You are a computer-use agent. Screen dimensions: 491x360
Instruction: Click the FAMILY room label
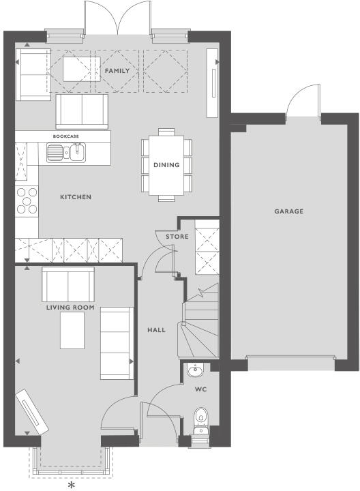[117, 71]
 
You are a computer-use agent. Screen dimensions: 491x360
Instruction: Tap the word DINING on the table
[166, 165]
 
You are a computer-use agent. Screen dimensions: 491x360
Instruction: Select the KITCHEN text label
[75, 197]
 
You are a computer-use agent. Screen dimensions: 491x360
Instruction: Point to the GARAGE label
[288, 211]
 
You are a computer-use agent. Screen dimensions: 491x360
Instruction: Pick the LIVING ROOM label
[70, 308]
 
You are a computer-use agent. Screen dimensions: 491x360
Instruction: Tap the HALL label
[157, 330]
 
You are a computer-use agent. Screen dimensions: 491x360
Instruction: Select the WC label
[200, 391]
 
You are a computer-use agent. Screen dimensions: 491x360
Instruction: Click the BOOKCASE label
[66, 136]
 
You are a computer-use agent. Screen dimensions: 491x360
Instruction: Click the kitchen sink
[65, 153]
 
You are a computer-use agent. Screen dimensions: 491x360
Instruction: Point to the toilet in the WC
[201, 417]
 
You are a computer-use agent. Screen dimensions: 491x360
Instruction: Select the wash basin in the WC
[195, 372]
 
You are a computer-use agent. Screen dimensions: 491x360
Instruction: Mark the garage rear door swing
[302, 102]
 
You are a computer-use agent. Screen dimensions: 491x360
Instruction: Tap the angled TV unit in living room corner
[32, 413]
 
